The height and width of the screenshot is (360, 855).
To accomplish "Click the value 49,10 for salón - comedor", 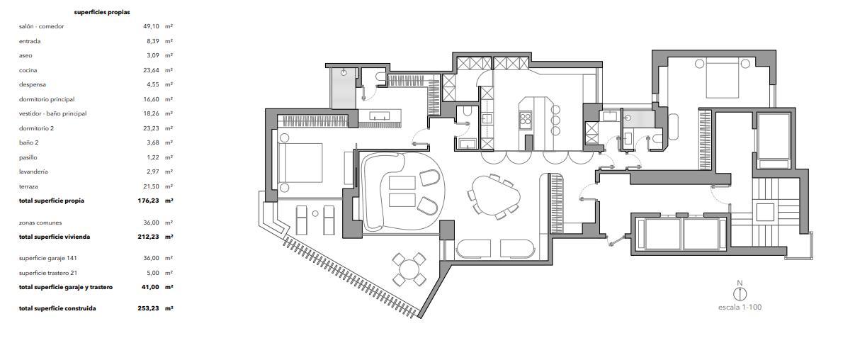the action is point(151,26).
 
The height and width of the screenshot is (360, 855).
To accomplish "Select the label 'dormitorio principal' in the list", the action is point(47,99).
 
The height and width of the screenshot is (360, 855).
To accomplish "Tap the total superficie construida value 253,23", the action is point(149,308).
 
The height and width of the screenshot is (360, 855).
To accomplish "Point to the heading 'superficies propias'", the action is point(102,12).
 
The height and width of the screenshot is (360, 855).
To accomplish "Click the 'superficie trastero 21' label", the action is point(48,273).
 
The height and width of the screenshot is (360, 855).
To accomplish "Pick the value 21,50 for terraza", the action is point(151,186).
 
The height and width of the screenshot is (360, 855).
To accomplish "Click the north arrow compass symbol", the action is point(740,294).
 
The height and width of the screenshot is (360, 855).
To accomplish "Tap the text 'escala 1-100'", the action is point(740,308).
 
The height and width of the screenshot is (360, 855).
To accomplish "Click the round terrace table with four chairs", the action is point(409,269).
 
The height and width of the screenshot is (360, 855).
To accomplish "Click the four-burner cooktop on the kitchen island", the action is point(525,118).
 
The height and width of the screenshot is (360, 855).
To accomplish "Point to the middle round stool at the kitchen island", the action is point(556,120).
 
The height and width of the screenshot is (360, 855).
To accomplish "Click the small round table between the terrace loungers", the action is point(315,214).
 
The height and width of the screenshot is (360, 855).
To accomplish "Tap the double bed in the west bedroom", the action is point(300,162).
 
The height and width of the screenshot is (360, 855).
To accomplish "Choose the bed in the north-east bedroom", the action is point(722,78).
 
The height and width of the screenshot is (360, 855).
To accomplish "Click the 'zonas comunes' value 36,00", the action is point(151,223).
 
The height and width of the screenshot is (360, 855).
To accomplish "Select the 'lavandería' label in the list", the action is point(33,171).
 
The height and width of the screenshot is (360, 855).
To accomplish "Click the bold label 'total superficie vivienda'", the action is point(55,237).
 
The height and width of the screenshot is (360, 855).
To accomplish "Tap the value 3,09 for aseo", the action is point(153,56).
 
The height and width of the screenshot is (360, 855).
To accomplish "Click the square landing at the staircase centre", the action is point(765,213).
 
